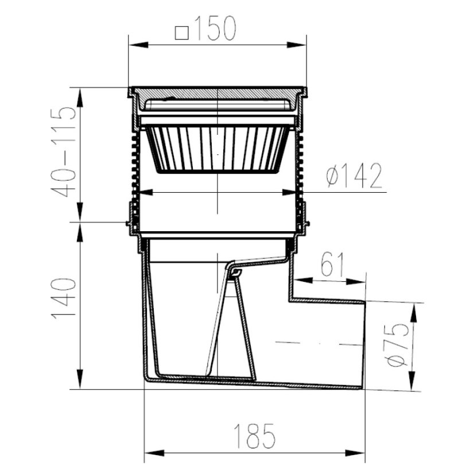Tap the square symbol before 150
[x=182, y=33]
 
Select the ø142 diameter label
[x=354, y=176]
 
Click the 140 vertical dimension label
[x=64, y=298]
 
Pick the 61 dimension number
[x=332, y=265]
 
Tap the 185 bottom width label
[x=255, y=436]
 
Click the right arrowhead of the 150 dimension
[x=297, y=45]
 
